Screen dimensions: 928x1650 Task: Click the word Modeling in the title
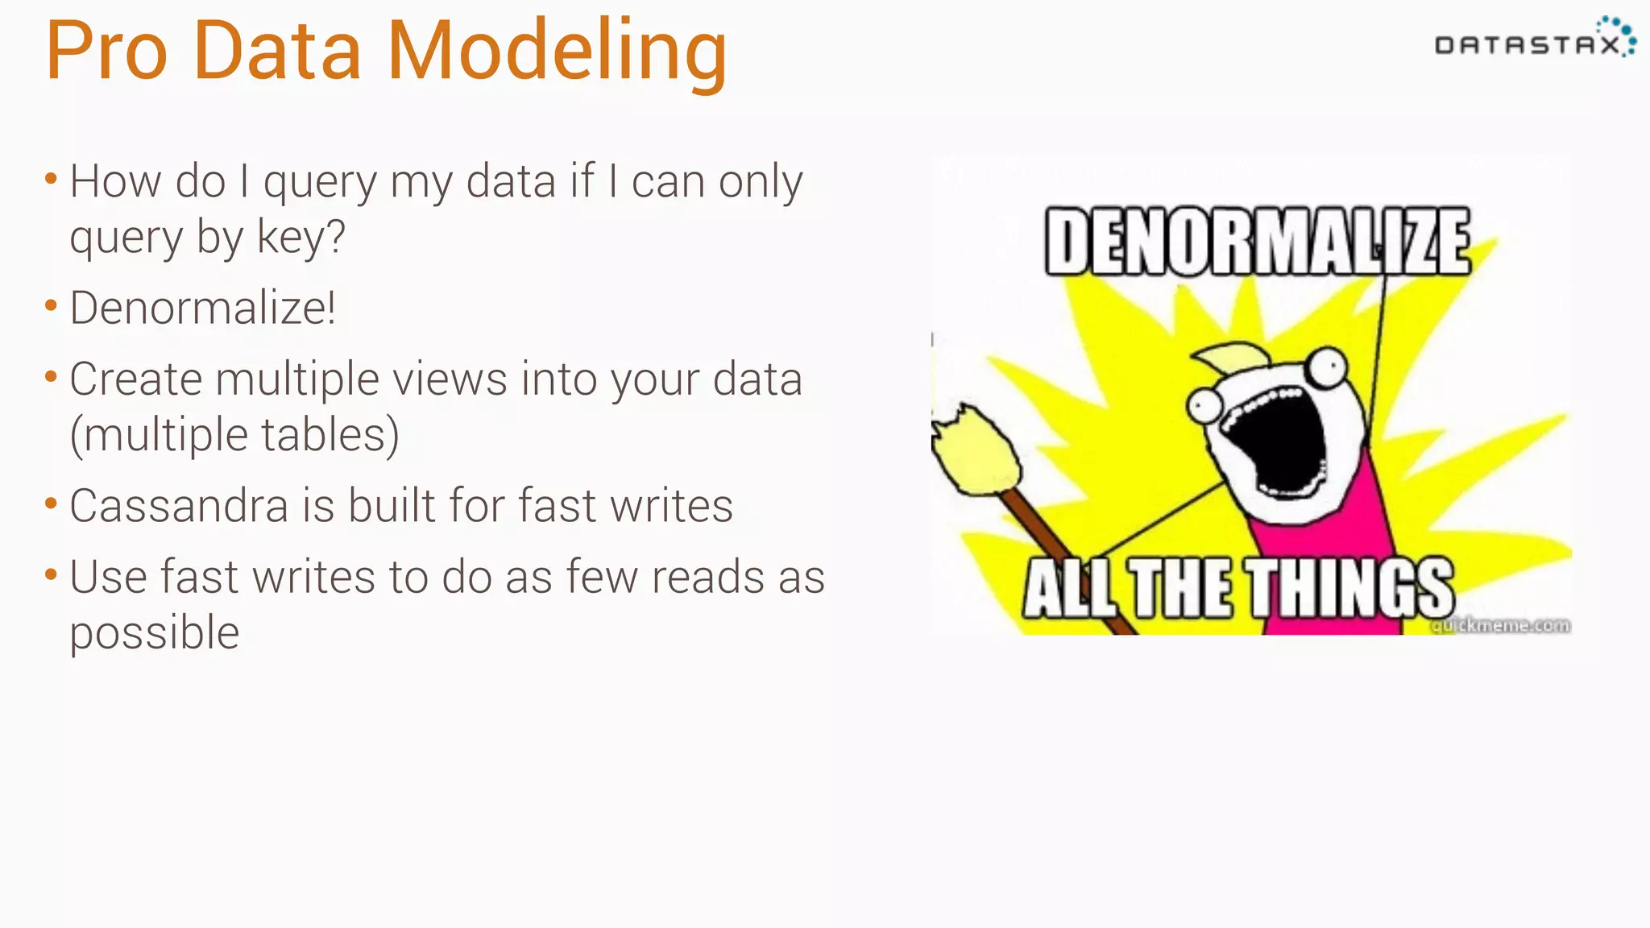click(557, 52)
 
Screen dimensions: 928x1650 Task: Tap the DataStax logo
click(1535, 40)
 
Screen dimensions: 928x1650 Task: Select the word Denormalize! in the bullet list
click(202, 308)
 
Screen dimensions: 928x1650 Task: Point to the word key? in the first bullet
click(301, 238)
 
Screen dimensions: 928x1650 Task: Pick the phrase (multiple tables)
click(234, 435)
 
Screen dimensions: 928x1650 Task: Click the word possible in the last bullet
click(155, 632)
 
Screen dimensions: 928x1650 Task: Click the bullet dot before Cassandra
click(52, 504)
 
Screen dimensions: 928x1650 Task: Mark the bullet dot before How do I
click(52, 179)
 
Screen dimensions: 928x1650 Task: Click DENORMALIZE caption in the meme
click(1257, 241)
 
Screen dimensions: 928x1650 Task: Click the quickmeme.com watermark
click(1500, 625)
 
